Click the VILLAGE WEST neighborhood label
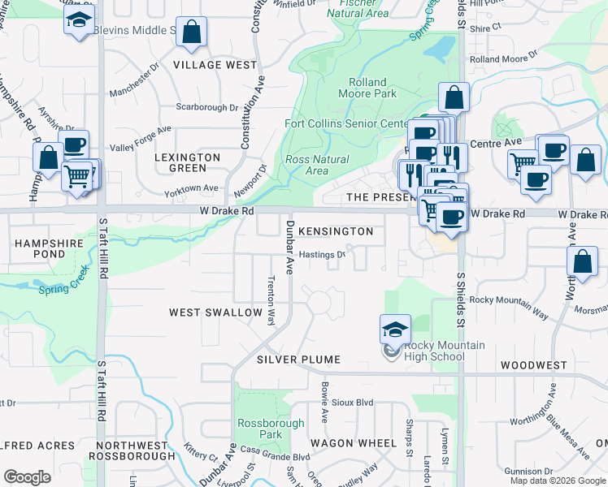point(215,65)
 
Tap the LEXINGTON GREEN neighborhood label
point(188,162)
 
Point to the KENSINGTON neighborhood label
point(336,231)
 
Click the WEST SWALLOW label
point(215,312)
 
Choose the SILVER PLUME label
point(298,359)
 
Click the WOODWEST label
point(533,365)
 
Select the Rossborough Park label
point(271,429)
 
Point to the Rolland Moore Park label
point(372,88)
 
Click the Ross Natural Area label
point(317,166)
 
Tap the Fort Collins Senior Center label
point(345,124)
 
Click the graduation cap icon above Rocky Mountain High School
point(395,329)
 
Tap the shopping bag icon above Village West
point(192,32)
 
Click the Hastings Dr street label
point(322,254)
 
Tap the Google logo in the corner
point(27,476)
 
